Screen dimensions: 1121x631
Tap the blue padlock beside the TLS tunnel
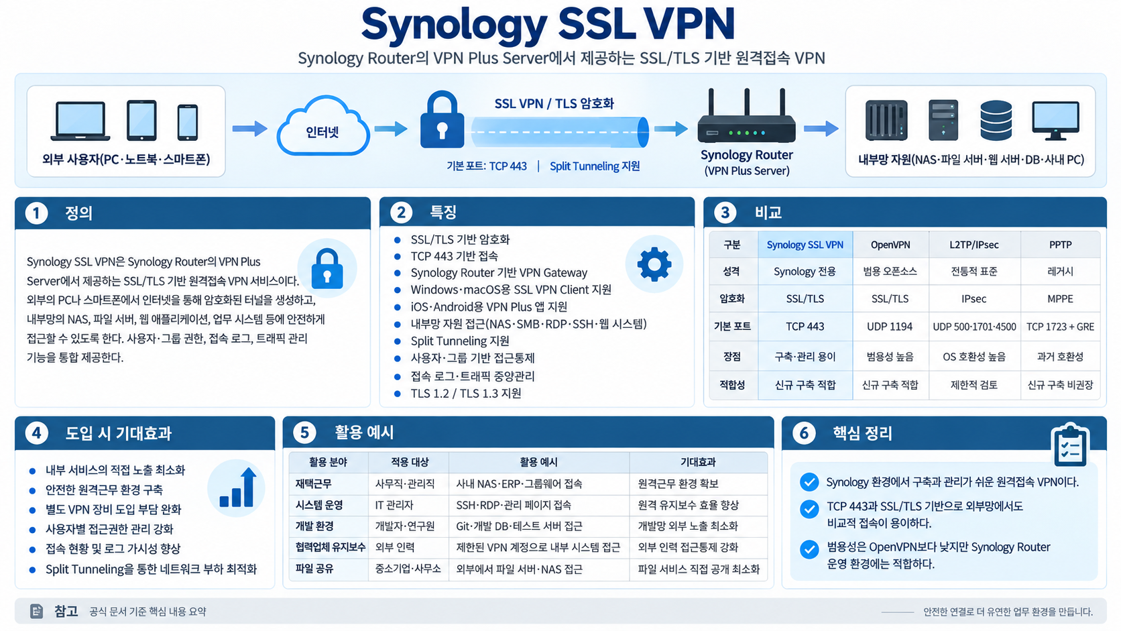pos(442,120)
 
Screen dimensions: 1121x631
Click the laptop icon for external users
pos(80,121)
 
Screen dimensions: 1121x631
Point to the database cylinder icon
pos(996,121)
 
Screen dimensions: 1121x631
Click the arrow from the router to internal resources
pos(821,129)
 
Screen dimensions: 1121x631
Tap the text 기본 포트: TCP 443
pos(487,166)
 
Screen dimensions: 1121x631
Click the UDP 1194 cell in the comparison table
pos(889,327)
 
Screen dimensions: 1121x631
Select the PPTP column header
pos(1060,245)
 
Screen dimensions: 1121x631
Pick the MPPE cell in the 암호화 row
pos(1060,299)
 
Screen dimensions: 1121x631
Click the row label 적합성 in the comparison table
pos(731,385)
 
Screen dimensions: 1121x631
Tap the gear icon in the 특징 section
pos(654,264)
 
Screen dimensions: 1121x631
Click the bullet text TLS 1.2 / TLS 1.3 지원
pos(466,394)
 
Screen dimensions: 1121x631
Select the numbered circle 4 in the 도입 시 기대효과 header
pos(36,433)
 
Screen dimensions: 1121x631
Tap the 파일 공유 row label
pos(314,569)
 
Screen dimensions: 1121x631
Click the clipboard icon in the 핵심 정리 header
pos(1069,445)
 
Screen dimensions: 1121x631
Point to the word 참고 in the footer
pos(66,611)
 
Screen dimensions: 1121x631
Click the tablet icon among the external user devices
pos(141,120)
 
